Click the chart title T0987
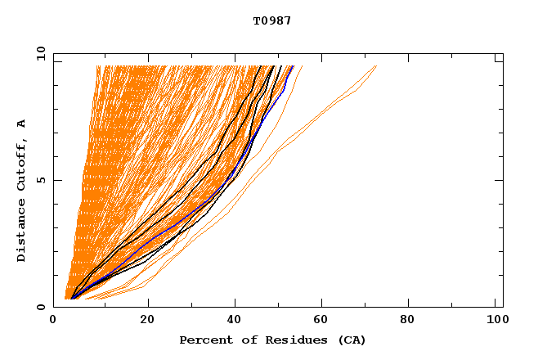click(272, 21)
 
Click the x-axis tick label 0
click(54, 321)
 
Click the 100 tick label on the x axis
click(495, 321)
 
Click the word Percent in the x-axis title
click(202, 340)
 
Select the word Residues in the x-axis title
click(285, 340)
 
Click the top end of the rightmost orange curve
click(376, 66)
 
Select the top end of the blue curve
click(292, 67)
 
